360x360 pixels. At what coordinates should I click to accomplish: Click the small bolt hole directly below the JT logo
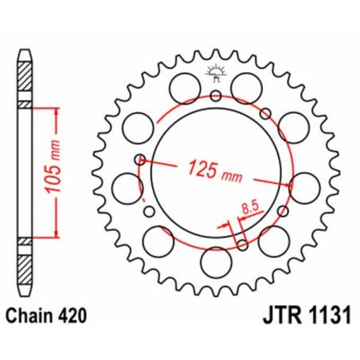point(216,96)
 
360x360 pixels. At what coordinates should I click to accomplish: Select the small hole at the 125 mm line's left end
point(141,159)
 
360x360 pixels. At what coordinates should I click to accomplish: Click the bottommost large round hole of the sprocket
point(216,260)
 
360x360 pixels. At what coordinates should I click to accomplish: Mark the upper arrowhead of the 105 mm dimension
point(56,110)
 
